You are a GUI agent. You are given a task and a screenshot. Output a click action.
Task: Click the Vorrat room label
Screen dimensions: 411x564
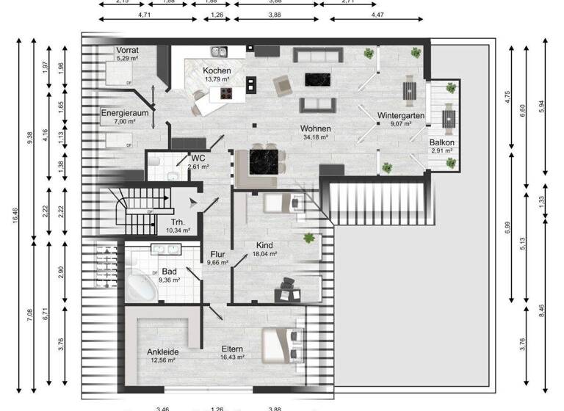click(127, 50)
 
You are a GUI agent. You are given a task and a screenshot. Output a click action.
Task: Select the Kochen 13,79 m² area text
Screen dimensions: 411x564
click(217, 78)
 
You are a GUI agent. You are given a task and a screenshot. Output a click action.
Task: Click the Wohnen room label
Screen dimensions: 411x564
click(316, 129)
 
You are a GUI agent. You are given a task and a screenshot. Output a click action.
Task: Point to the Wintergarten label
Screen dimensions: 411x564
click(400, 116)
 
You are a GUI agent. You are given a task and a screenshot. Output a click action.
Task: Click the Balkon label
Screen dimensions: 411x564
click(442, 142)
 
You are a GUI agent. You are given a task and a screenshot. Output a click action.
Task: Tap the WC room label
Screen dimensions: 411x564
click(198, 158)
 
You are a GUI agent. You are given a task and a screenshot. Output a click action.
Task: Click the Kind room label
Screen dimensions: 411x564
click(265, 245)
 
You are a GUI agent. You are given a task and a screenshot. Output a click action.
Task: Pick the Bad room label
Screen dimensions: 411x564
click(169, 272)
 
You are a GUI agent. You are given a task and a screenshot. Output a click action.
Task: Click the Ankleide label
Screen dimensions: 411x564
click(162, 352)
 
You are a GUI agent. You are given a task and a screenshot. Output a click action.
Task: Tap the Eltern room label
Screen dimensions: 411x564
click(232, 349)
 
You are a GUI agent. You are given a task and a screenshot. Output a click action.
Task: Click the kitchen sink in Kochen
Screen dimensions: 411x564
click(218, 52)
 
